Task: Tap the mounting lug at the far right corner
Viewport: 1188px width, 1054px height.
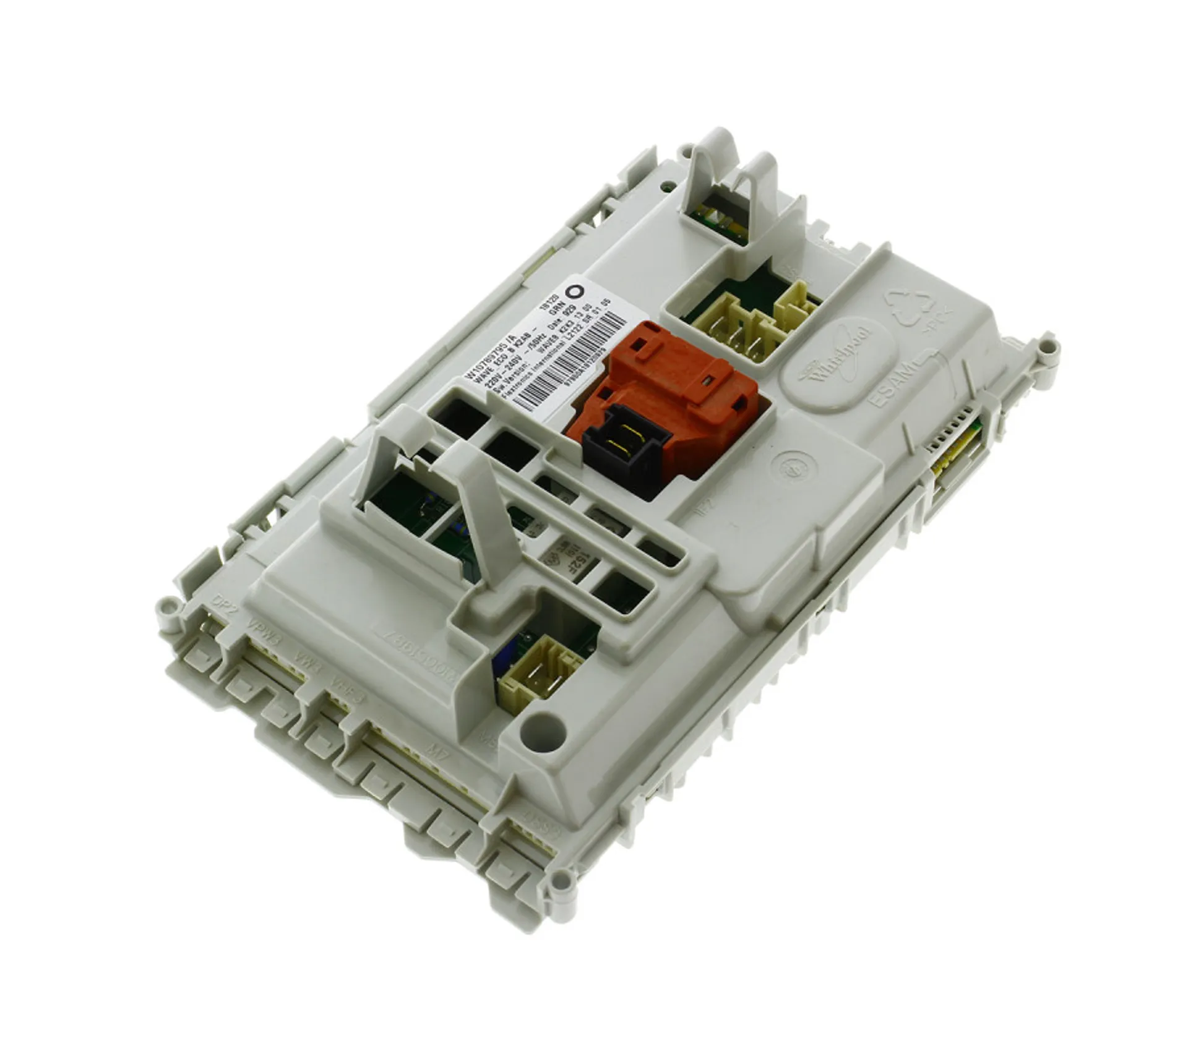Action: coord(1045,344)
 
